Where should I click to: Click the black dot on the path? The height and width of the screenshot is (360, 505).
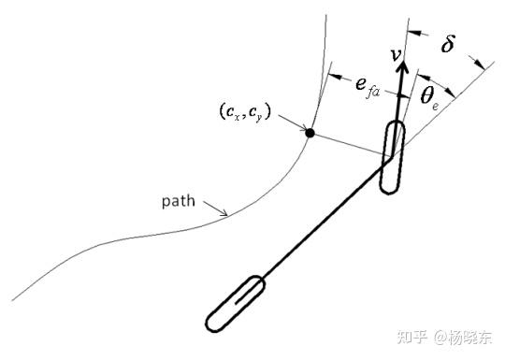tap(310, 134)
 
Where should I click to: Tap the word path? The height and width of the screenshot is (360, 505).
tap(179, 201)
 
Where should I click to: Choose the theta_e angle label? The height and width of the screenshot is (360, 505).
tap(430, 96)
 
